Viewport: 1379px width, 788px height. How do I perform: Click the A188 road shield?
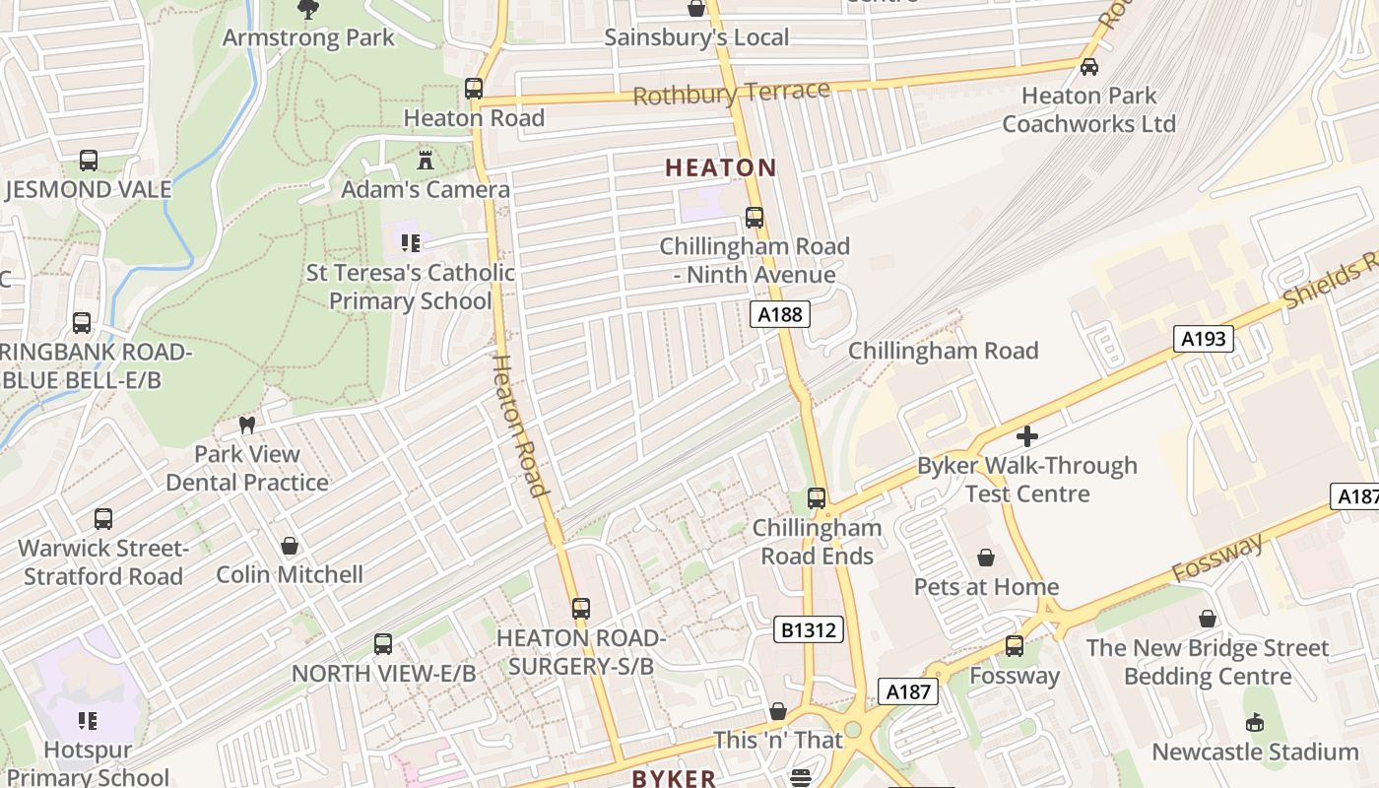pyautogui.click(x=780, y=314)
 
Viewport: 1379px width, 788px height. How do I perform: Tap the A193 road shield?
pyautogui.click(x=1203, y=339)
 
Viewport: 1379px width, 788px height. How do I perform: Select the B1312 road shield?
pyautogui.click(x=809, y=629)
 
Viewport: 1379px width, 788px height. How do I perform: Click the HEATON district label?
pyautogui.click(x=721, y=167)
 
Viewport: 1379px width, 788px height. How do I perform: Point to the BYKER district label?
pyautogui.click(x=674, y=778)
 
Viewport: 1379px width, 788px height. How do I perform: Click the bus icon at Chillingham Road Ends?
pyautogui.click(x=817, y=498)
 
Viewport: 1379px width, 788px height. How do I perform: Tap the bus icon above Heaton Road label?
pyautogui.click(x=474, y=89)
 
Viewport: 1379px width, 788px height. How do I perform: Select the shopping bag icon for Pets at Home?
pyautogui.click(x=986, y=558)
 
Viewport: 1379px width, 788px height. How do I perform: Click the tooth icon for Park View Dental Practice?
pyautogui.click(x=247, y=426)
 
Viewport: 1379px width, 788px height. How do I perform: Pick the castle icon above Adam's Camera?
pyautogui.click(x=426, y=160)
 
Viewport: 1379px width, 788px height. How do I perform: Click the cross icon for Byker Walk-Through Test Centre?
pyautogui.click(x=1027, y=435)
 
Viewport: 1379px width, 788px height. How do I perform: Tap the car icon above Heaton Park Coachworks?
pyautogui.click(x=1089, y=67)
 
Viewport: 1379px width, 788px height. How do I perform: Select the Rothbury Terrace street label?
pyautogui.click(x=732, y=94)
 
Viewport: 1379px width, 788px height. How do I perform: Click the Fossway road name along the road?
pyautogui.click(x=1217, y=558)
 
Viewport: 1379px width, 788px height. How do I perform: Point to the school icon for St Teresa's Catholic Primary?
pyautogui.click(x=411, y=242)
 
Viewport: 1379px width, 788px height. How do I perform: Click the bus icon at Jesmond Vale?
pyautogui.click(x=89, y=161)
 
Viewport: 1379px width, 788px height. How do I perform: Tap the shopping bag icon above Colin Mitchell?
pyautogui.click(x=290, y=546)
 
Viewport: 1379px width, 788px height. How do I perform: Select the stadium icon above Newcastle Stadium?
pyautogui.click(x=1255, y=723)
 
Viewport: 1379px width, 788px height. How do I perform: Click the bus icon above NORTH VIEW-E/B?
pyautogui.click(x=383, y=644)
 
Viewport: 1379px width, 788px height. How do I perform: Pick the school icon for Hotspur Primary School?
pyautogui.click(x=88, y=721)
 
